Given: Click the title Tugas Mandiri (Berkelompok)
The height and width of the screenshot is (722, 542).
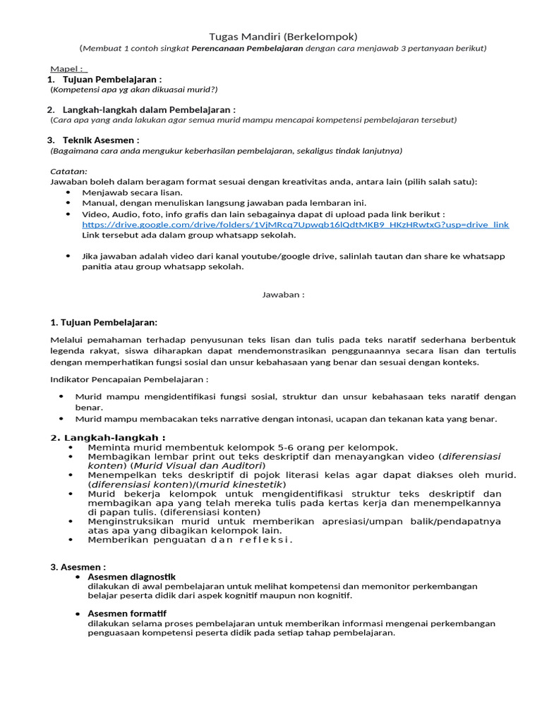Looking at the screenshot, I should point(283,36).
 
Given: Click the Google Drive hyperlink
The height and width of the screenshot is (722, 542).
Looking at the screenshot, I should point(295,225).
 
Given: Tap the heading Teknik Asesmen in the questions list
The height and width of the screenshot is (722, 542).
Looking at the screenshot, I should point(101,140).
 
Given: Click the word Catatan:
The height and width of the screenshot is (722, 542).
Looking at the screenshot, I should point(68,171).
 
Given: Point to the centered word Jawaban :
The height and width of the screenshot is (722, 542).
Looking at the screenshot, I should point(283,295).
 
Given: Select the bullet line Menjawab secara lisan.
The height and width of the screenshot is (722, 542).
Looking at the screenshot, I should point(132,192).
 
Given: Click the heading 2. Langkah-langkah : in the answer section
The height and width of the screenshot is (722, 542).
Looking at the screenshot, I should point(108,438).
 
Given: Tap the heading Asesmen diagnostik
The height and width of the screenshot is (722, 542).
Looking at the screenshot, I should point(131,577).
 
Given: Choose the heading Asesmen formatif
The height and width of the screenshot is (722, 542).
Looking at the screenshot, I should point(127,613).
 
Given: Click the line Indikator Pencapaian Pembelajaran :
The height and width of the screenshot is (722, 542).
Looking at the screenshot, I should point(129,379).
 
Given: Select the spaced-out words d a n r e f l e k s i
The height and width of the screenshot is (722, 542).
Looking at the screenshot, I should point(240,540).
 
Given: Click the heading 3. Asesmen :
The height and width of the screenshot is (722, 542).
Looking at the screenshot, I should point(78,567).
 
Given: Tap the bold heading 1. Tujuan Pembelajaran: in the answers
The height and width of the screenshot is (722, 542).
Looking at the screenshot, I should point(104,322).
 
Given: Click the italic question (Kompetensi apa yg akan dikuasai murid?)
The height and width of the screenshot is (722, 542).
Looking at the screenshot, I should point(134,90).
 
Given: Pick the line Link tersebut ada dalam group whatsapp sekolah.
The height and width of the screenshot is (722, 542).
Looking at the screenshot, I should point(189,235).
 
